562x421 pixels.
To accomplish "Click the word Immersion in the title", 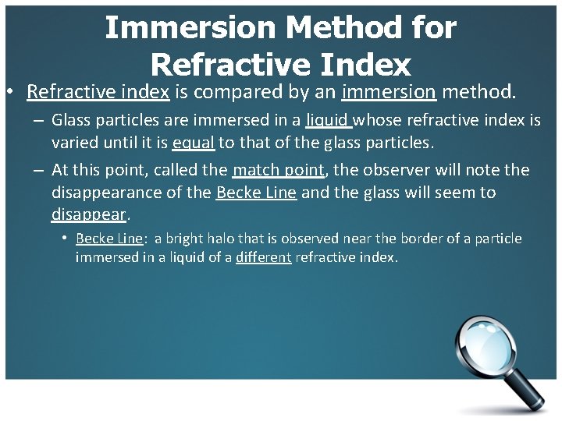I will pyautogui.click(x=190, y=28).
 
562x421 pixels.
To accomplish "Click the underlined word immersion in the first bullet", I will pyautogui.click(x=389, y=92).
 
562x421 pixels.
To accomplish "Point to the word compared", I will pyautogui.click(x=236, y=92).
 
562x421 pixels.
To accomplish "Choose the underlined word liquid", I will pyautogui.click(x=328, y=120).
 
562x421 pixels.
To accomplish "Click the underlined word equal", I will pyautogui.click(x=194, y=143).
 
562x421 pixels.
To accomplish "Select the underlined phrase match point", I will pyautogui.click(x=278, y=170).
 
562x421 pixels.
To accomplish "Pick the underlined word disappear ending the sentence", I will pyautogui.click(x=88, y=214).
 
